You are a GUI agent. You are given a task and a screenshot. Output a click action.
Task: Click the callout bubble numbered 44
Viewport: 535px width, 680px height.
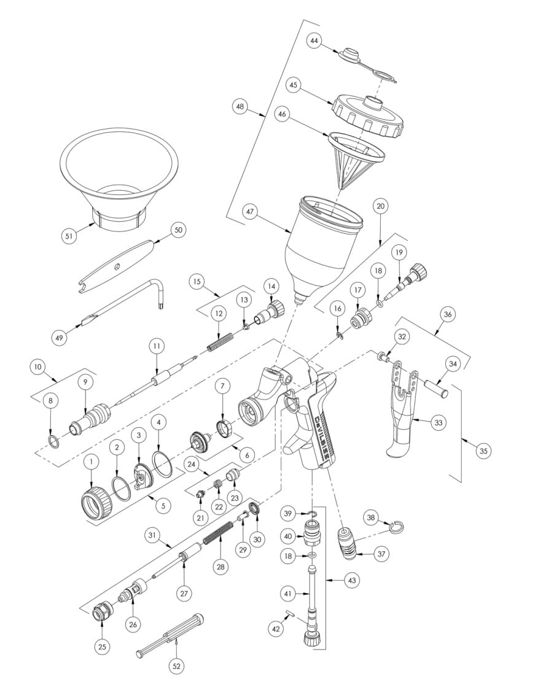(x=314, y=41)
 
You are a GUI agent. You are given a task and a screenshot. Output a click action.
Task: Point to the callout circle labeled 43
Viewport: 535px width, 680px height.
(x=352, y=580)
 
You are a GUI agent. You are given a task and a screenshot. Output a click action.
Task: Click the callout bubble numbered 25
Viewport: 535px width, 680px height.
(x=103, y=647)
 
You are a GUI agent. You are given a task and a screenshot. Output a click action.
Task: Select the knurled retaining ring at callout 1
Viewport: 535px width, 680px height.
(x=97, y=502)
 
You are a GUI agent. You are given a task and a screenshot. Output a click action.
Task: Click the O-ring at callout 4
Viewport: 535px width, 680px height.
(x=163, y=463)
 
